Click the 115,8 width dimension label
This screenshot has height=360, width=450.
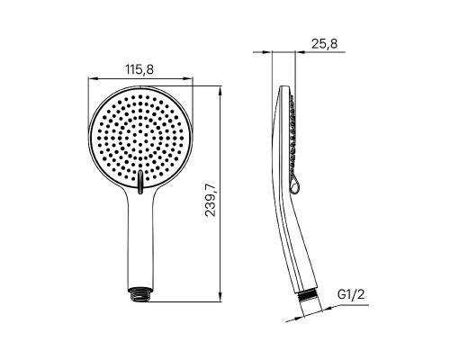click(x=139, y=69)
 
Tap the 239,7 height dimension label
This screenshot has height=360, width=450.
click(x=211, y=200)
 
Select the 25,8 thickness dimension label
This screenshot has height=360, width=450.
click(x=324, y=44)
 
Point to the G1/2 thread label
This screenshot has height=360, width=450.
click(x=351, y=294)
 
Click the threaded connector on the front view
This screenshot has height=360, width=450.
click(x=140, y=293)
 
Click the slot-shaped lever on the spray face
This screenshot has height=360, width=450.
click(x=140, y=182)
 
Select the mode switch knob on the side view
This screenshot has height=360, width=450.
click(x=294, y=186)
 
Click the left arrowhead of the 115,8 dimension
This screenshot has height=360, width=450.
click(x=93, y=79)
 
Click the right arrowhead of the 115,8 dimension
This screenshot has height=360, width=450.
click(x=188, y=79)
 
